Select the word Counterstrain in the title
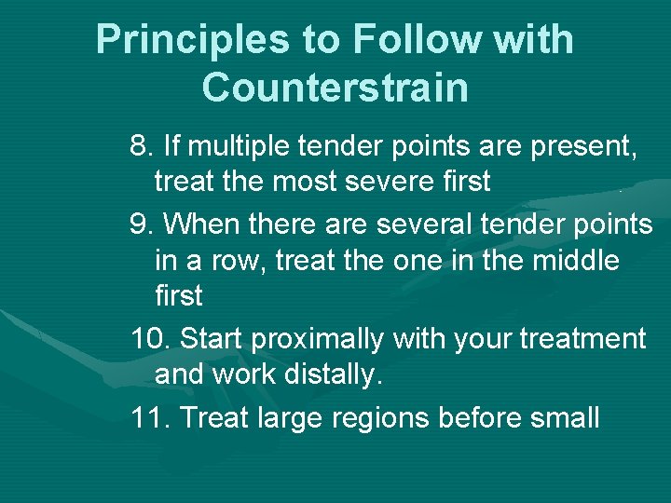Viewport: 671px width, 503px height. point(335,88)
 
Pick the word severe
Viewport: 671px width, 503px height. point(377,181)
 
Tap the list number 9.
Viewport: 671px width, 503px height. point(142,224)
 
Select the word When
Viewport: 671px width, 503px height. point(203,224)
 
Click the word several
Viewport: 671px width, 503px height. point(433,224)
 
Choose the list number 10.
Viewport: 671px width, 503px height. point(149,338)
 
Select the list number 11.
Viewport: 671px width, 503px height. point(149,416)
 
